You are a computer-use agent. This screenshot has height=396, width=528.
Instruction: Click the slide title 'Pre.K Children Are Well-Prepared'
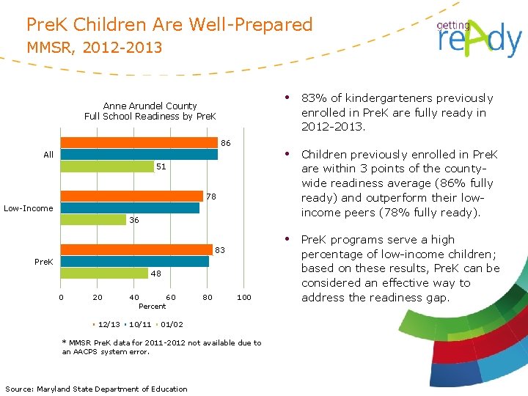click(169, 25)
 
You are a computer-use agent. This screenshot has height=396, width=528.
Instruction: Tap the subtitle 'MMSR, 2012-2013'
click(95, 48)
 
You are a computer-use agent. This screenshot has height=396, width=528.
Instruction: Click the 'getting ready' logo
click(478, 37)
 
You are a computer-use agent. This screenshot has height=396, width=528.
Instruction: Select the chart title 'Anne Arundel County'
click(150, 106)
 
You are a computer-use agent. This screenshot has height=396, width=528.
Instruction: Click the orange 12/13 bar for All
click(139, 143)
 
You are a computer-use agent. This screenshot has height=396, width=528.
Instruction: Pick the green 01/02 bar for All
click(106, 166)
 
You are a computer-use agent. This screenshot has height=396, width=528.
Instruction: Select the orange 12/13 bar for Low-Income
click(131, 196)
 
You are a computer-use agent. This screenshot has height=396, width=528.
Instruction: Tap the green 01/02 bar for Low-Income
click(93, 219)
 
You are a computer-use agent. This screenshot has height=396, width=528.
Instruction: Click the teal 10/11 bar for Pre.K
click(135, 261)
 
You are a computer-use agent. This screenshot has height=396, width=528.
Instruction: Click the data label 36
click(134, 220)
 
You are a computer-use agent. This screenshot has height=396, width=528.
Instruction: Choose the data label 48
click(155, 274)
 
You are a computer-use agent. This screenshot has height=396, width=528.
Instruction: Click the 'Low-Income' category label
click(29, 208)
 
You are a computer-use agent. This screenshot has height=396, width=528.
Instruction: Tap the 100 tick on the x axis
click(243, 297)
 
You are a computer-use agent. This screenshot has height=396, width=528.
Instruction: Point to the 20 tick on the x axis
click(98, 297)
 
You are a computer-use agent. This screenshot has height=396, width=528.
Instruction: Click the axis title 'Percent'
click(153, 306)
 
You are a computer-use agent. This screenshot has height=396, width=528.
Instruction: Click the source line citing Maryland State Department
click(96, 389)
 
